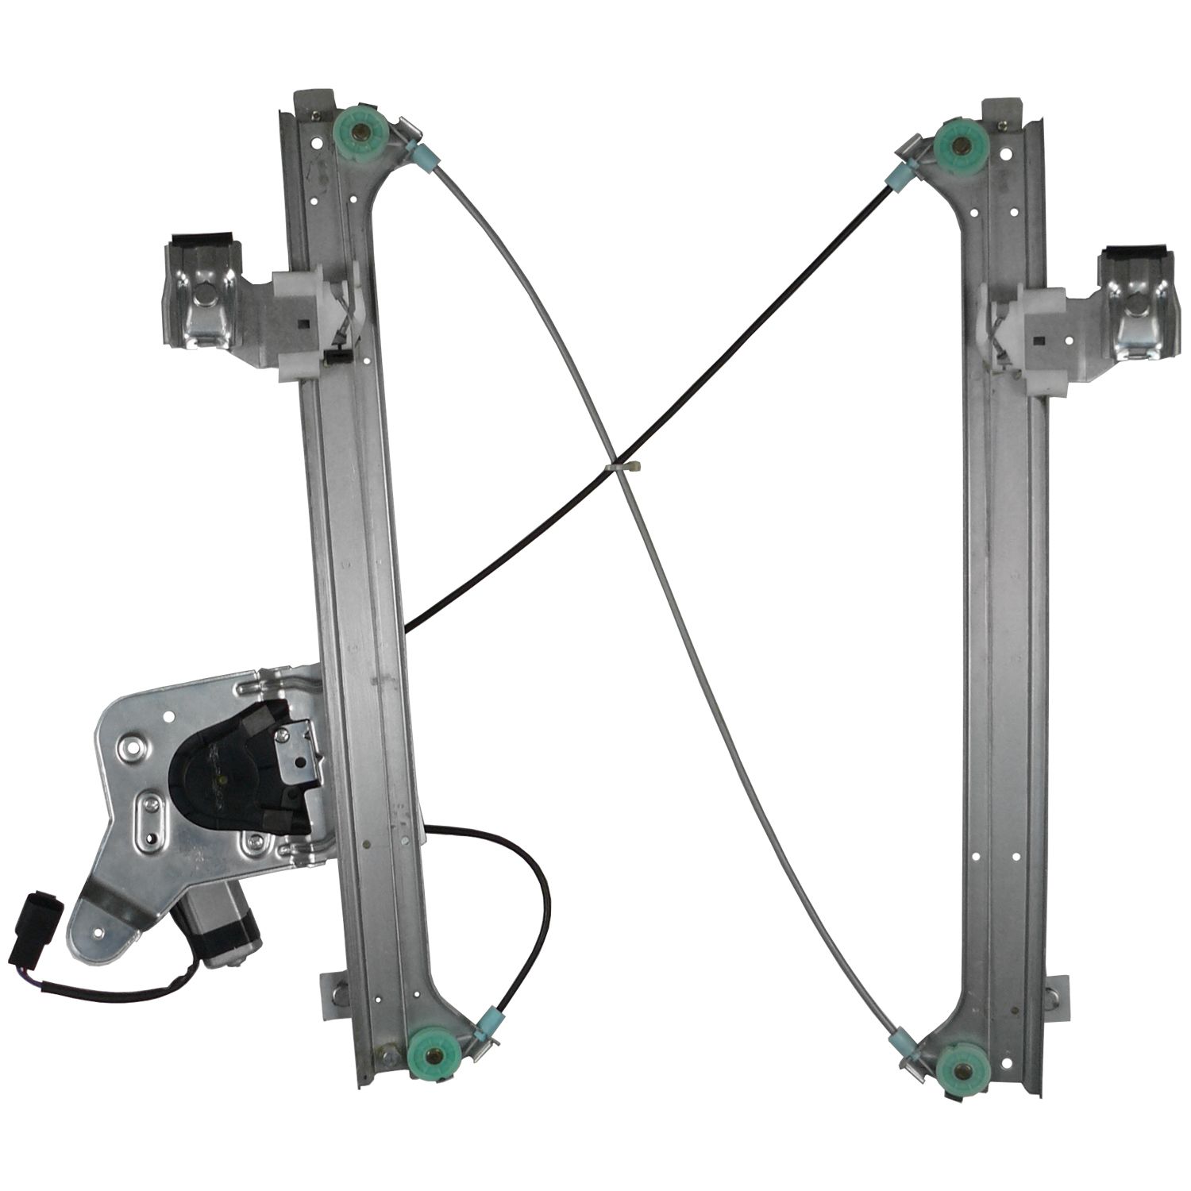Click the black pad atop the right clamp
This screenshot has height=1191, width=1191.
click(x=1134, y=256)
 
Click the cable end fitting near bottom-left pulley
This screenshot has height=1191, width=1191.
click(x=490, y=1018)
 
